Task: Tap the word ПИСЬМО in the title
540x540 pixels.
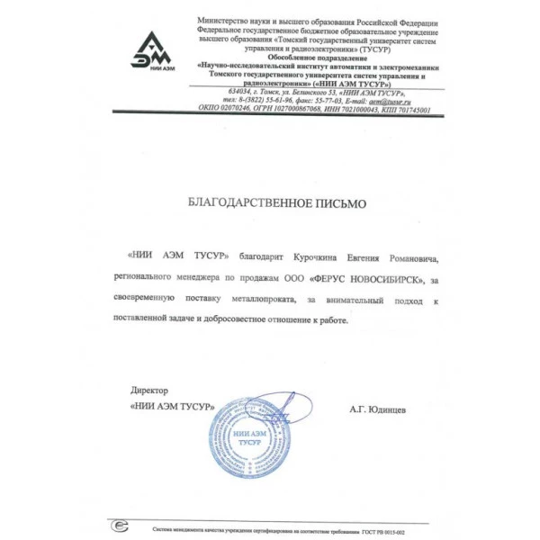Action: [339, 204]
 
